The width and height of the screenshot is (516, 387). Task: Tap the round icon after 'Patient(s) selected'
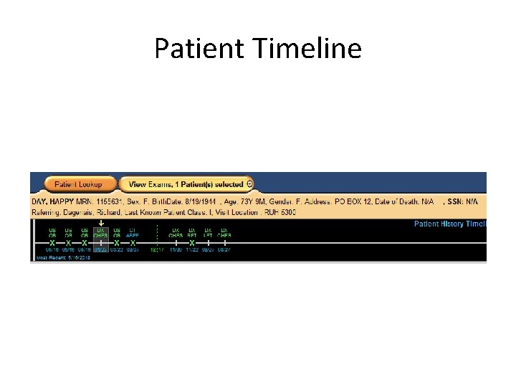[x=249, y=184]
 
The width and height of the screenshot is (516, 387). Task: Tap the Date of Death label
[x=400, y=202]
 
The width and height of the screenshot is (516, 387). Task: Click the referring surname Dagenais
[x=82, y=212]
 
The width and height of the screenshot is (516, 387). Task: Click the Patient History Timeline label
[x=450, y=224]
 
